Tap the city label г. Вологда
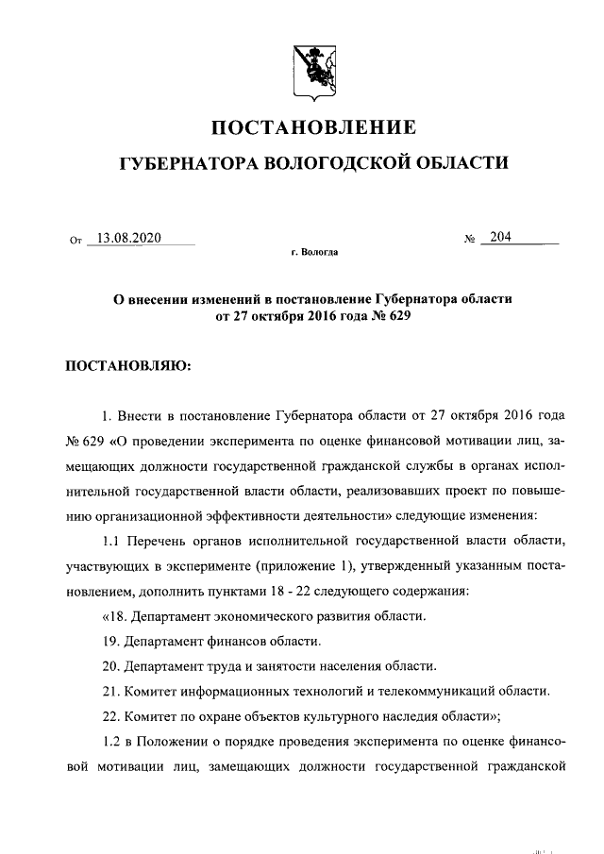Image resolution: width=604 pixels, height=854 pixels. (x=315, y=254)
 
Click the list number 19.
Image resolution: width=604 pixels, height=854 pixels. (x=109, y=641)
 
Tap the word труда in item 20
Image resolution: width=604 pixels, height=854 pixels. (x=215, y=665)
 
